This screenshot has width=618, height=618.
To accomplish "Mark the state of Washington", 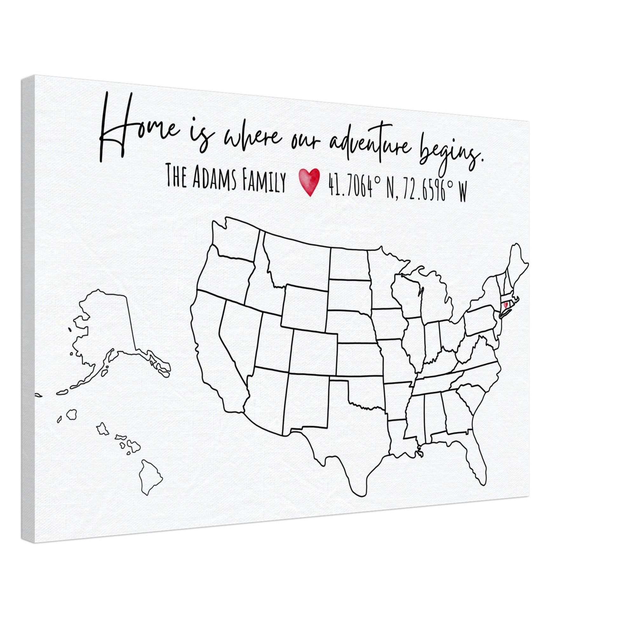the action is (x=235, y=238).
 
